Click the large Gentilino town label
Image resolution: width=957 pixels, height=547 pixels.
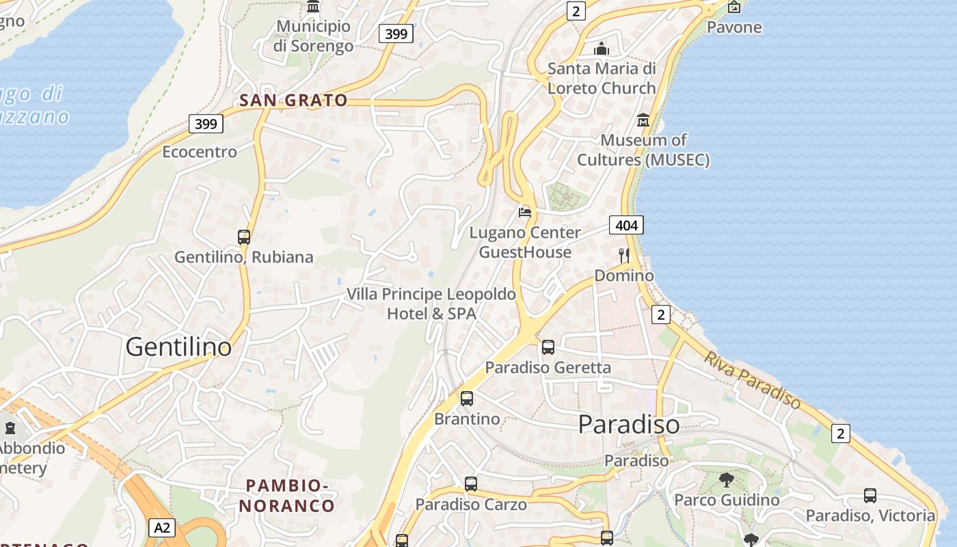[178, 347]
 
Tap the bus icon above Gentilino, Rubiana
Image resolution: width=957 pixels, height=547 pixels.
[244, 237]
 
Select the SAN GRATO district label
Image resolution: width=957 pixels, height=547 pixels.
[293, 101]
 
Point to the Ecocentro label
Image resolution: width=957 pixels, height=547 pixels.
[200, 152]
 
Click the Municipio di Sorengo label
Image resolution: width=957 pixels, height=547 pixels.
[313, 36]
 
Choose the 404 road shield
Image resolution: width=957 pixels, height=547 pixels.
[626, 225]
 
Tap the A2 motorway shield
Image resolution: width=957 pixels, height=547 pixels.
[161, 528]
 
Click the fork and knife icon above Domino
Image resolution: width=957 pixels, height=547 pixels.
[623, 256]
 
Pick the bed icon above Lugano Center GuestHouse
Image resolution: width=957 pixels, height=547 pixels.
[525, 212]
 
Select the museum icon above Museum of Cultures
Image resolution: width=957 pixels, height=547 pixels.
[643, 120]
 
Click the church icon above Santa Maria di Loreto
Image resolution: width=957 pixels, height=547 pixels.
[602, 49]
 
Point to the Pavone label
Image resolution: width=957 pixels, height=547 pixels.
[734, 27]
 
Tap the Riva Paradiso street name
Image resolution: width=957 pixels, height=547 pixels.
[753, 380]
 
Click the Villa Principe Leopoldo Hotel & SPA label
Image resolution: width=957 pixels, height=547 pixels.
[431, 304]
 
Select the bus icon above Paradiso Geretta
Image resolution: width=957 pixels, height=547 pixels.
[548, 347]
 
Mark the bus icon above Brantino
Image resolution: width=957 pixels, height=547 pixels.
[467, 398]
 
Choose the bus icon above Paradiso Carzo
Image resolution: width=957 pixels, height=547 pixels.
[471, 484]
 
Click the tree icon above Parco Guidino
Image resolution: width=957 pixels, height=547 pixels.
[727, 479]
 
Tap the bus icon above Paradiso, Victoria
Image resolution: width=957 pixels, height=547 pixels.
[870, 495]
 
